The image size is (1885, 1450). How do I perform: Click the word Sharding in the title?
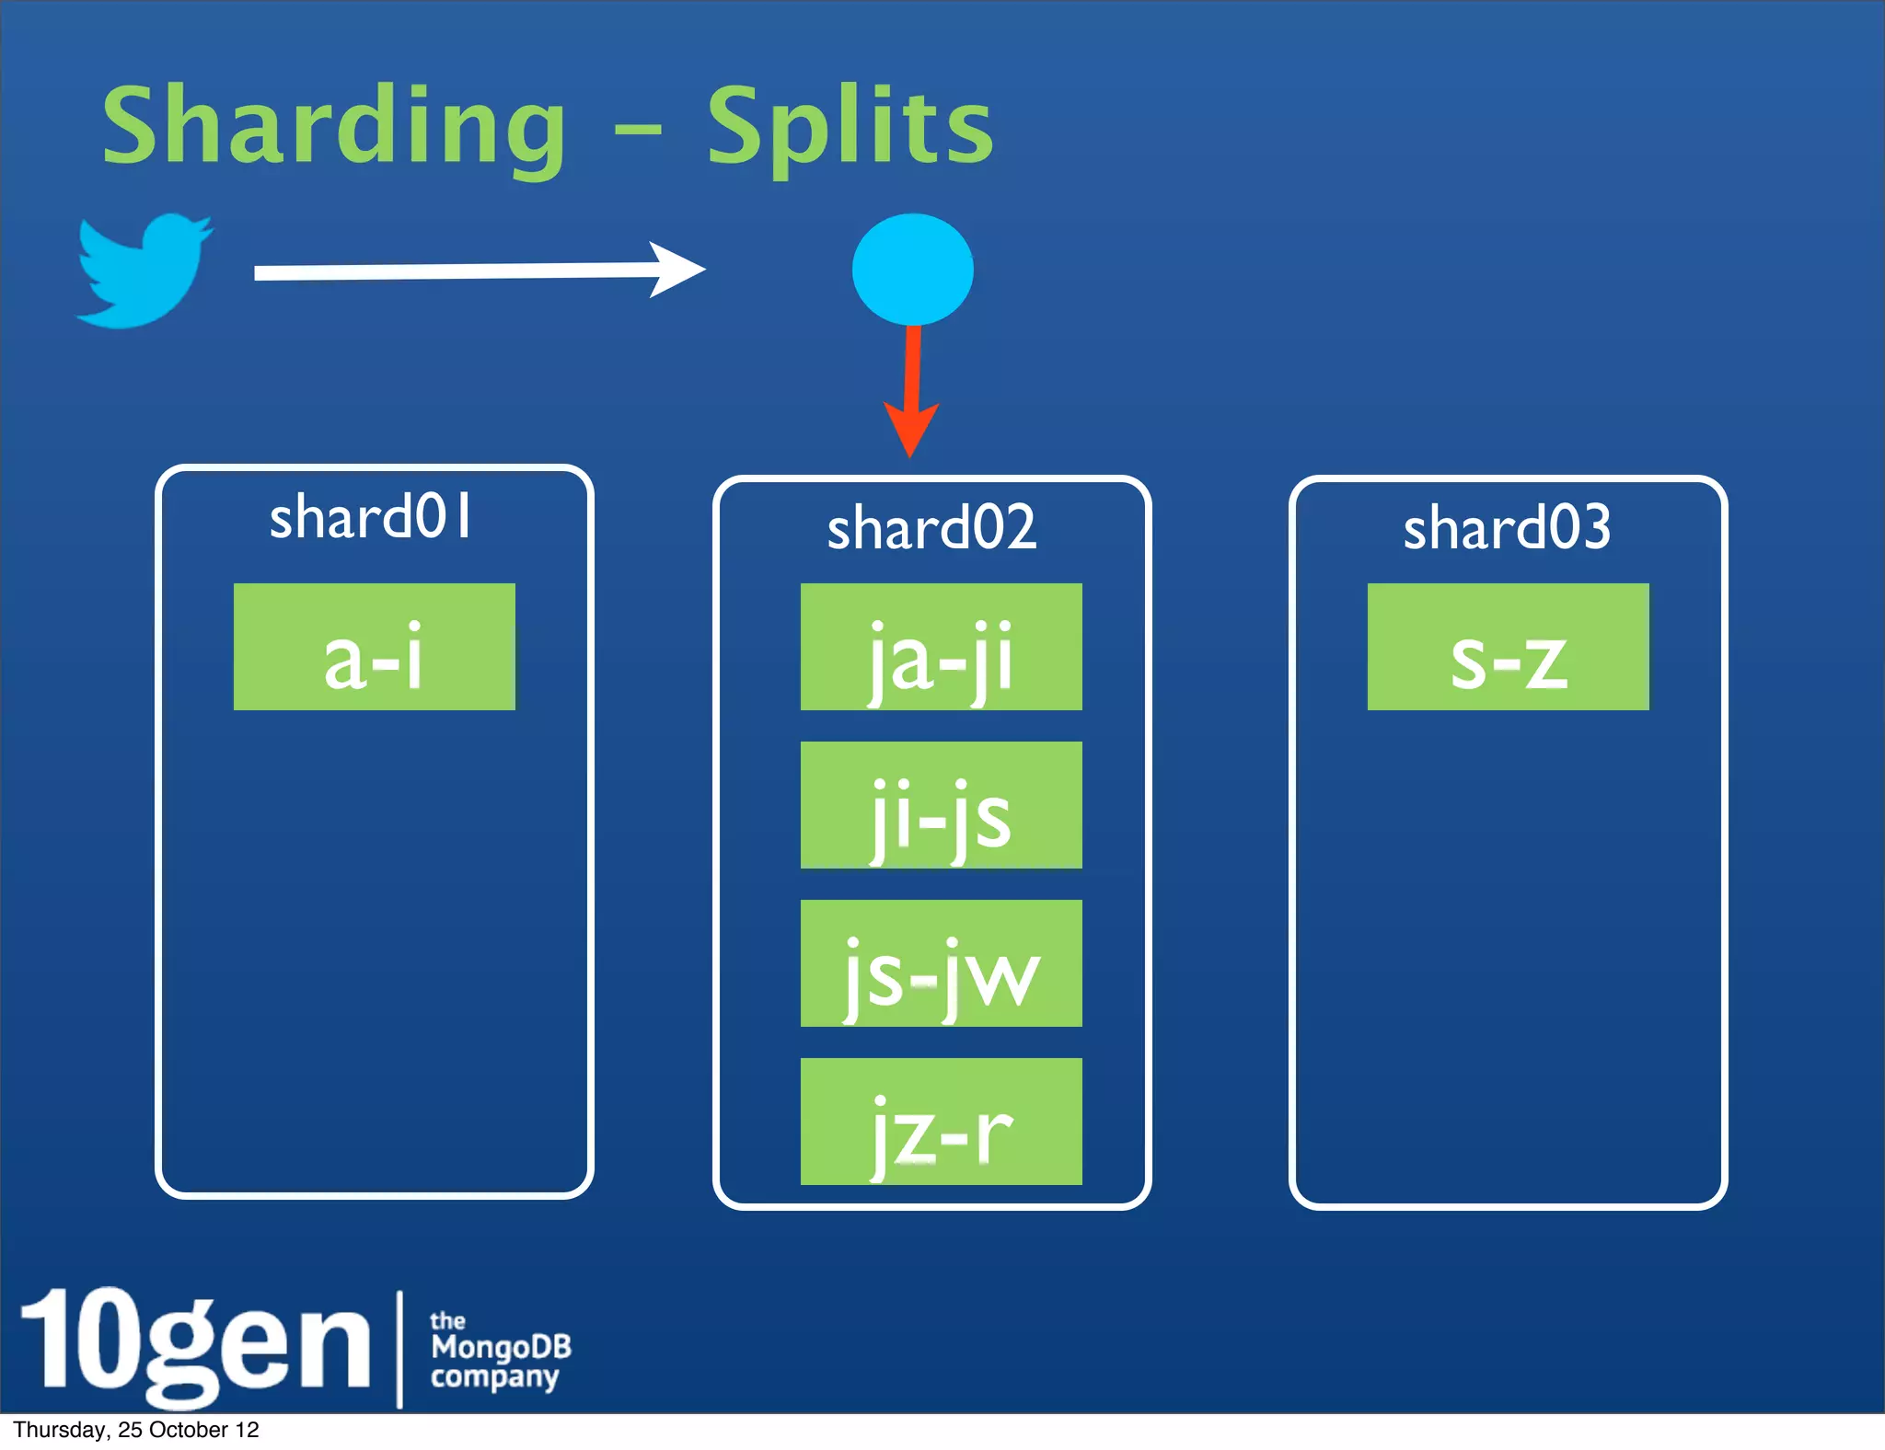click(333, 127)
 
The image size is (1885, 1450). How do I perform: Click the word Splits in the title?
click(850, 127)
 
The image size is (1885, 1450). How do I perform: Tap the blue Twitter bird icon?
click(144, 271)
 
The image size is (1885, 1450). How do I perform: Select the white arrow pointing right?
click(479, 270)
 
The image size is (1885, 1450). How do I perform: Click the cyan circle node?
click(912, 270)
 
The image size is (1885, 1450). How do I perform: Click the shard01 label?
click(371, 517)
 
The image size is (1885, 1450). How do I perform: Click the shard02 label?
click(931, 528)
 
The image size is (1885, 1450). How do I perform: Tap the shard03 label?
click(1507, 528)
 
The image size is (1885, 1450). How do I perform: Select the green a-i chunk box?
click(374, 647)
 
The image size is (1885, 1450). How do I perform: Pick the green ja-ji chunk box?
click(941, 647)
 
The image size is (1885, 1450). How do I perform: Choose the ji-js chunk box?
click(941, 805)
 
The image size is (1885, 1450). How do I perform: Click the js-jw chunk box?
click(941, 963)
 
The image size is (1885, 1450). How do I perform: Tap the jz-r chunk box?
click(941, 1122)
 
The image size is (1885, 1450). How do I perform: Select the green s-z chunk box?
click(1508, 647)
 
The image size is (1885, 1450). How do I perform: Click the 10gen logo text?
click(195, 1341)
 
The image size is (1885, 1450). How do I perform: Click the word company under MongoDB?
click(495, 1377)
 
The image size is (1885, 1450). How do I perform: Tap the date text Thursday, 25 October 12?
click(136, 1430)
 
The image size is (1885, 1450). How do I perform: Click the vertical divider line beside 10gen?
click(400, 1349)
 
